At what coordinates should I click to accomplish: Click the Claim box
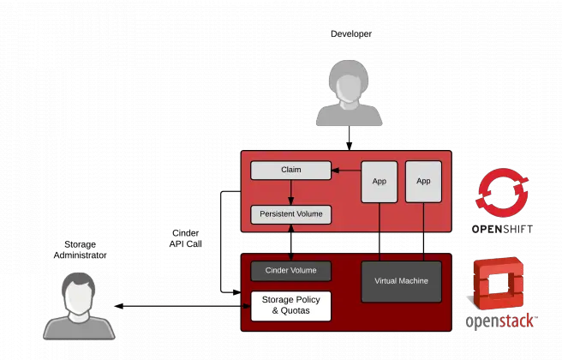(290, 170)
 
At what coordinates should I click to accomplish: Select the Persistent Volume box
(290, 214)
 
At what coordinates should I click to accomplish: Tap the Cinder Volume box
(290, 271)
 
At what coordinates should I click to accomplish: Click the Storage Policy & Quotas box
(290, 305)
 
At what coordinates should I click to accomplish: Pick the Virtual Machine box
(401, 281)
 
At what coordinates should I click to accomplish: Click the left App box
(379, 182)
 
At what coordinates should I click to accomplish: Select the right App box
(422, 182)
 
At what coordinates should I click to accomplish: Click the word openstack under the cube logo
(500, 322)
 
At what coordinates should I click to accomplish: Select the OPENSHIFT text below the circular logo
(501, 229)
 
